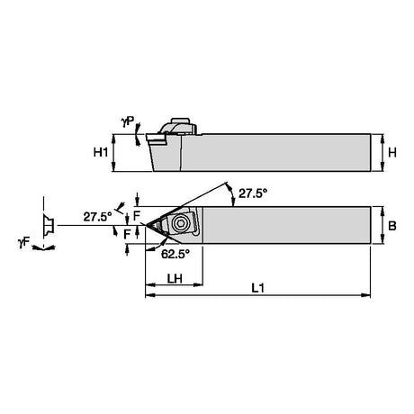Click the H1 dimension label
(101, 153)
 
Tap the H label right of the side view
(392, 153)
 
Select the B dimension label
(392, 226)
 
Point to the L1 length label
(257, 288)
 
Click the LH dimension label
(175, 279)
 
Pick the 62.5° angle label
(175, 255)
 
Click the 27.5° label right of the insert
(253, 193)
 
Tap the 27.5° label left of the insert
(97, 217)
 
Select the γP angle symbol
(128, 121)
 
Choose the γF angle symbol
(24, 242)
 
